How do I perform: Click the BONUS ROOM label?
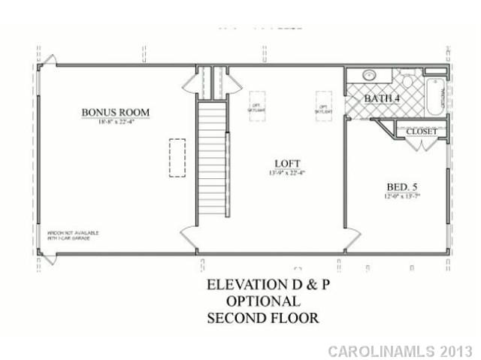pos(116,113)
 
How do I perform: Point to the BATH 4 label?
pos(383,99)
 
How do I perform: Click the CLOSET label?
pos(421,132)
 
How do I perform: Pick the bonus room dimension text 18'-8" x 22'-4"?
pos(116,123)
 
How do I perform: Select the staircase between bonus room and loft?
pos(212,158)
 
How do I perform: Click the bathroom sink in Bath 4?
pos(369,76)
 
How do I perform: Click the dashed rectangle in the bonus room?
pos(177,159)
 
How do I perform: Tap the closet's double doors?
pos(421,144)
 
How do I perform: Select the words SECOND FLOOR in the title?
pos(262,317)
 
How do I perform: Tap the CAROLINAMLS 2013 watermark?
pos(400,351)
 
